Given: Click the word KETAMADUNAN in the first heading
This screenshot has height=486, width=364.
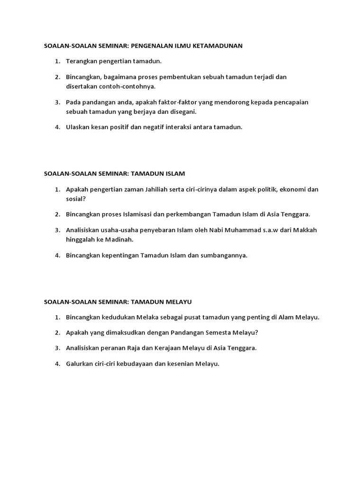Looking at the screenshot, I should coord(219,46).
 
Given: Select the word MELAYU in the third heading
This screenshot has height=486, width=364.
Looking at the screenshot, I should coord(179,301).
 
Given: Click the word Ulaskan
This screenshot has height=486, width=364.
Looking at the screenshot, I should coord(79,127).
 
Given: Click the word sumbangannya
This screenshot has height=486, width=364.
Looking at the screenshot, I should coord(224,255).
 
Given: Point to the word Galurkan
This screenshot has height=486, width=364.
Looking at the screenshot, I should coord(81,364).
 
